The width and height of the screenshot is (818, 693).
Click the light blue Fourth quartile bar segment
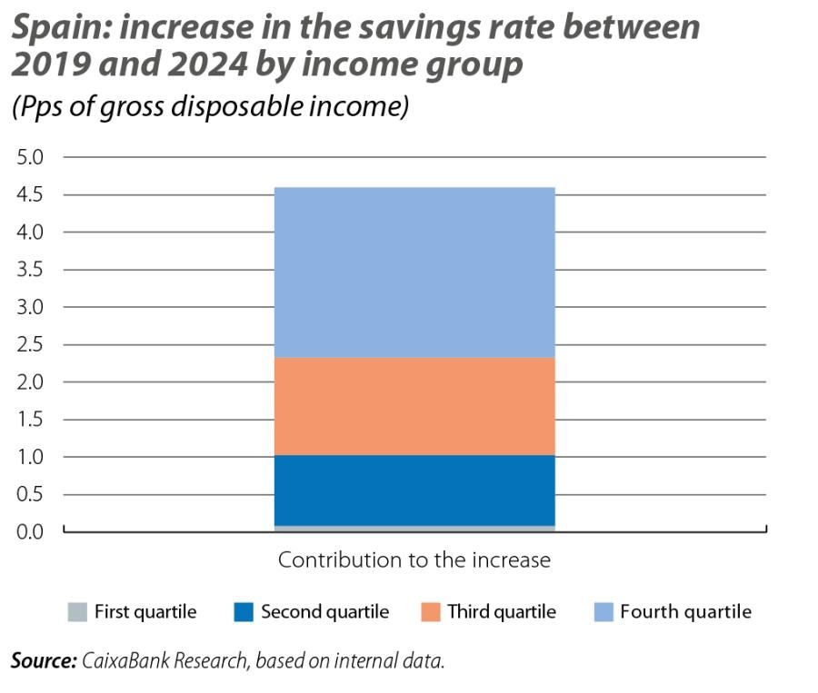(414, 272)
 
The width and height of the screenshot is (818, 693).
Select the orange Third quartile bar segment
(414, 406)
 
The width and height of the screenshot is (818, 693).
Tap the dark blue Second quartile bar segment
(414, 490)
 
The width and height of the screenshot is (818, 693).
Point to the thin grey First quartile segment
(414, 528)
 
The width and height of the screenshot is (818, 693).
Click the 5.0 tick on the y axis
(30, 157)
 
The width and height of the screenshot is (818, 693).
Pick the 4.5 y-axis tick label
(30, 194)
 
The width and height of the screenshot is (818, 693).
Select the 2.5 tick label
(30, 344)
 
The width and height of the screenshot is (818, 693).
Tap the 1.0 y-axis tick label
(30, 457)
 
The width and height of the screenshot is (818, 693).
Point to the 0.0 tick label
(30, 531)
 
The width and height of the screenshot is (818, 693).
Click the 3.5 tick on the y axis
(30, 270)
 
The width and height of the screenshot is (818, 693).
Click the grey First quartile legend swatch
(77, 611)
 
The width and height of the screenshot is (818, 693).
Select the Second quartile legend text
(324, 611)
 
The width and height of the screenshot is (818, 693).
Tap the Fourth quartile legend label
(685, 611)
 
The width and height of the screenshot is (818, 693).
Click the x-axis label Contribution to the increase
(414, 559)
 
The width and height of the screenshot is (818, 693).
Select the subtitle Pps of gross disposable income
(210, 106)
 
